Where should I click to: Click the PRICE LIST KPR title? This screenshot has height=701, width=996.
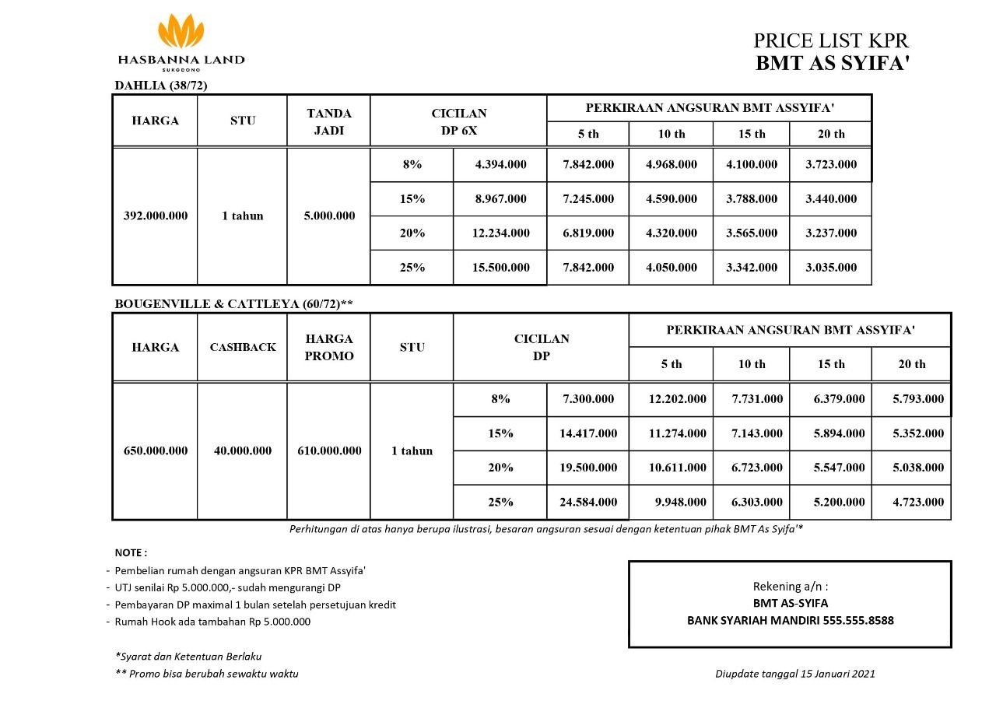[x=831, y=41]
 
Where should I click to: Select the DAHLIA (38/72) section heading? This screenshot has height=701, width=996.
[x=161, y=85]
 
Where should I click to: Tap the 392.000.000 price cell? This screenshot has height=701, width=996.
[x=156, y=216]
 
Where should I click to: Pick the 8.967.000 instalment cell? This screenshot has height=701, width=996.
[x=500, y=199]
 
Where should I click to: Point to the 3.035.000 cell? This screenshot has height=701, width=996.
[x=831, y=268]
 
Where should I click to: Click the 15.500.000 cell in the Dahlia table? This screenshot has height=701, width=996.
[x=500, y=268]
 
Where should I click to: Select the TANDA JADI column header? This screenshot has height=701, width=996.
[x=329, y=121]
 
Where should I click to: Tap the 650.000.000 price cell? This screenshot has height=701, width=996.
[x=156, y=450]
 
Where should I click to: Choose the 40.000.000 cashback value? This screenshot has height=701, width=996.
[x=243, y=450]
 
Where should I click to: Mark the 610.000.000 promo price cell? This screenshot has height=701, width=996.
[x=329, y=450]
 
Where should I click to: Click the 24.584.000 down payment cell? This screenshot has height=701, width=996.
[x=588, y=502]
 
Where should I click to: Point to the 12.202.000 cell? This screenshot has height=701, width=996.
[x=678, y=399]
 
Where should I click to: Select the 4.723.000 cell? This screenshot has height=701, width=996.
[x=918, y=502]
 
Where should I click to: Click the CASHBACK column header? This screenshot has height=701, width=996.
[x=243, y=348]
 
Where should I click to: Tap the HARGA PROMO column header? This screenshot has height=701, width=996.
[x=329, y=348]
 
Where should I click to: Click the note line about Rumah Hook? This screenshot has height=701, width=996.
[x=212, y=622]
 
